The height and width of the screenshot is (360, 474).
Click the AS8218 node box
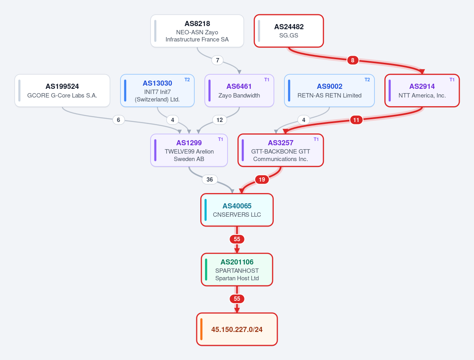pos(197,31)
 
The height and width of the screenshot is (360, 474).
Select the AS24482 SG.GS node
pos(289,31)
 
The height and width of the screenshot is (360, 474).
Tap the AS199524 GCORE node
pos(62,91)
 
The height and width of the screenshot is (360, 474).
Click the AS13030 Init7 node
pos(158,91)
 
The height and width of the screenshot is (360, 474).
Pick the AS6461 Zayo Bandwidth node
pos(239,91)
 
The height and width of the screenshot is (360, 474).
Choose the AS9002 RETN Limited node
pos(329,91)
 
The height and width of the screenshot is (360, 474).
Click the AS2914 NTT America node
pos(422,91)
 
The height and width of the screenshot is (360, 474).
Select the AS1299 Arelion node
pos(189,150)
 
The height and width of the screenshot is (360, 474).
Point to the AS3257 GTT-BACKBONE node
pos(280,150)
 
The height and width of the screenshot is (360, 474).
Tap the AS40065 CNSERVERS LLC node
pos(237,210)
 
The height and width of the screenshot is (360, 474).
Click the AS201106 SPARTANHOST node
pos(237,270)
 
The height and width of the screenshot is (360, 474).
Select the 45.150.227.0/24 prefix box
pos(237,329)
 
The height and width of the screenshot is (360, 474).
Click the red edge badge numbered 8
pos(353,60)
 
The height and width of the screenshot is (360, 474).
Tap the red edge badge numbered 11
pos(356,120)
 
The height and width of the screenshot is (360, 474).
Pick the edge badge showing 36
pos(209,180)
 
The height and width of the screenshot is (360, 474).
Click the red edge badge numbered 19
pos(262,180)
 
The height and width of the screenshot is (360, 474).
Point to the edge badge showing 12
pos(220,120)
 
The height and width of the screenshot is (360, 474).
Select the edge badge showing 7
pos(218,60)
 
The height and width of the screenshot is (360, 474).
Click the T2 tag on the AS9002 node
pos(367,80)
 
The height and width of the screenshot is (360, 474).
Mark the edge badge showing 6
pos(118,120)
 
